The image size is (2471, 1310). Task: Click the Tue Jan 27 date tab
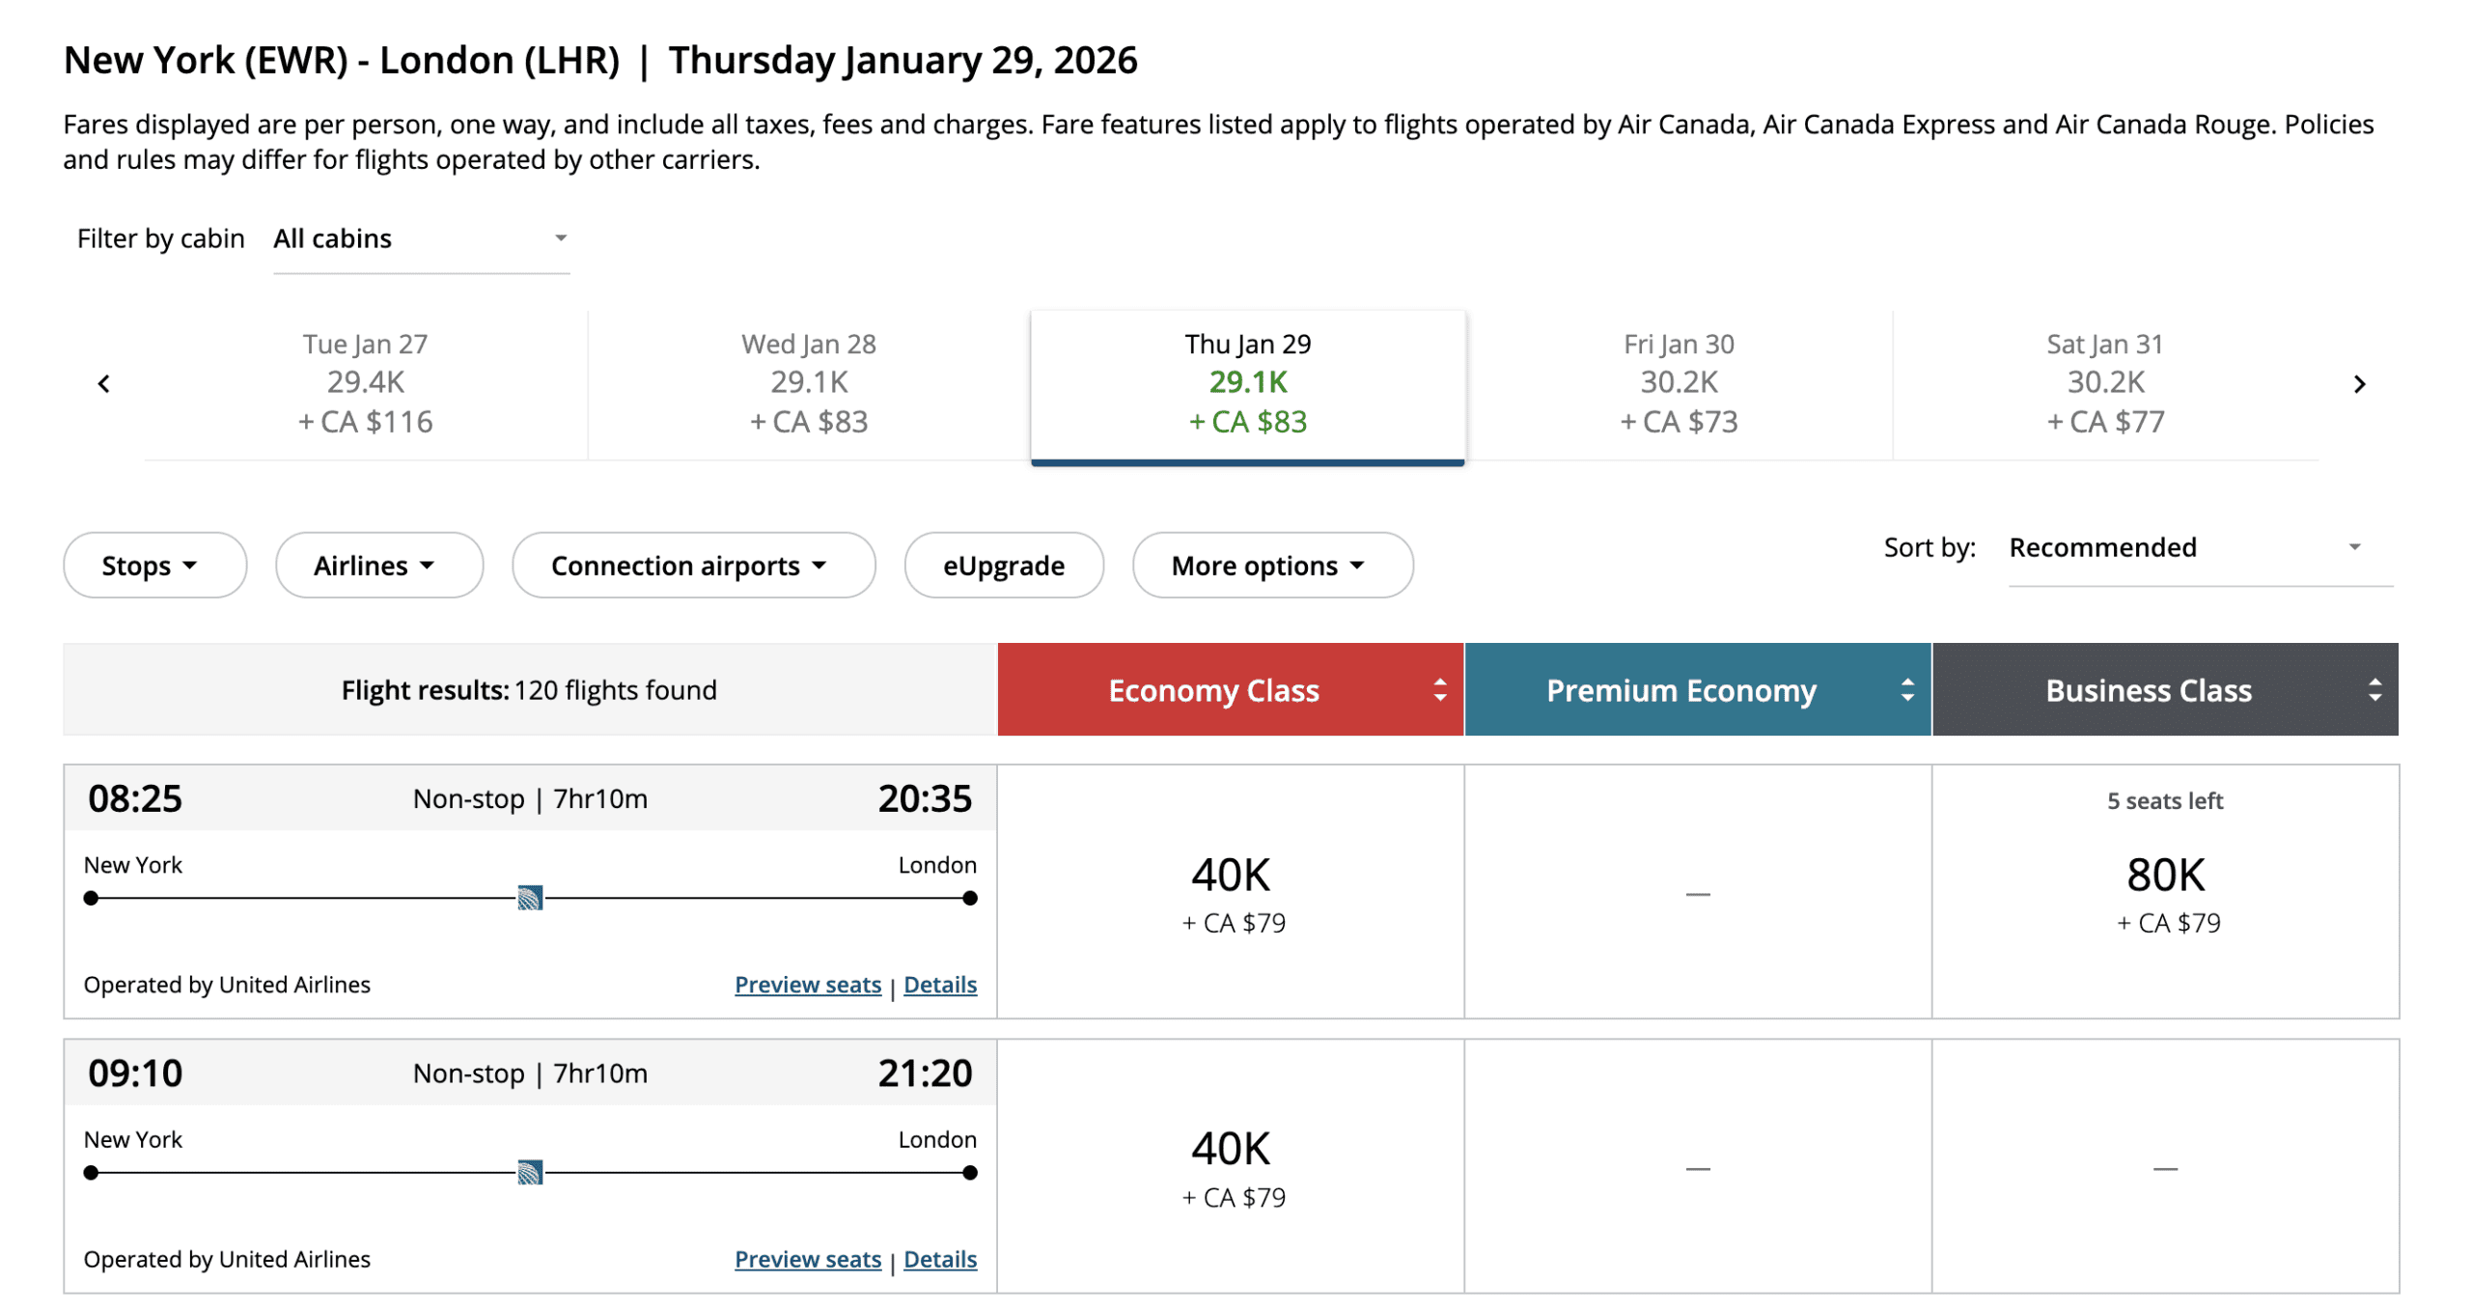[365, 383]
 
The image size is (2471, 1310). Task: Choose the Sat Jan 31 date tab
[2104, 383]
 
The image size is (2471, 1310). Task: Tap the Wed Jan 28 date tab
[808, 383]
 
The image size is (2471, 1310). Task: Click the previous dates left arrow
[104, 384]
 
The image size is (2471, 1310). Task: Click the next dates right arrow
[2358, 384]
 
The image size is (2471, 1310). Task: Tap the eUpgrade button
[1003, 565]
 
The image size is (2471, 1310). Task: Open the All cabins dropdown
[421, 239]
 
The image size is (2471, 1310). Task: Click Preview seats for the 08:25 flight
[807, 985]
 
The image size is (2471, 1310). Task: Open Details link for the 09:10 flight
[939, 1259]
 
